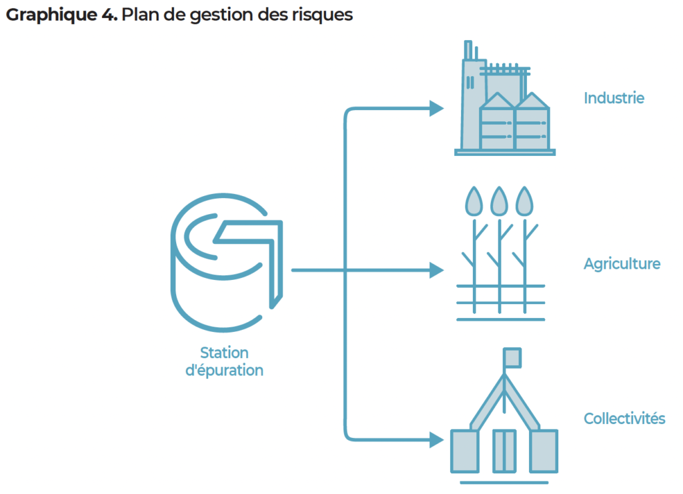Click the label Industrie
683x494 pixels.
614,98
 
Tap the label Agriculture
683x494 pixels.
622,263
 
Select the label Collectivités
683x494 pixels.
624,419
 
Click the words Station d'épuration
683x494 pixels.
224,361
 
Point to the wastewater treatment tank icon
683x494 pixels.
225,263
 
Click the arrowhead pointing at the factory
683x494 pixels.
436,108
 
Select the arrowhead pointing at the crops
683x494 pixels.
436,270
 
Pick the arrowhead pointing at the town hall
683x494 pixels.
436,439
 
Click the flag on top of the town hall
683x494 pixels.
512,357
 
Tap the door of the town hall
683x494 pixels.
504,450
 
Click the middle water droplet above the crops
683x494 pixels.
500,201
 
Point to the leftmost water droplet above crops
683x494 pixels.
474,201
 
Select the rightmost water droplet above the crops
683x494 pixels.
526,201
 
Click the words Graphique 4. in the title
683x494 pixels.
61,15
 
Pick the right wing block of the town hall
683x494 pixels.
544,450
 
